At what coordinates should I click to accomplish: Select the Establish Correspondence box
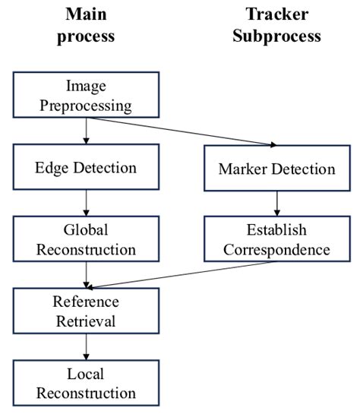click(276, 239)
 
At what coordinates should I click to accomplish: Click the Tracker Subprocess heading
click(276, 26)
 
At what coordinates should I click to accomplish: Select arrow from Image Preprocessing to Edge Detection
click(86, 130)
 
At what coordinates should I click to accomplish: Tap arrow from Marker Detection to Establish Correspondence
click(276, 202)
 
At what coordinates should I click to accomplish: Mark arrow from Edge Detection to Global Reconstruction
click(86, 202)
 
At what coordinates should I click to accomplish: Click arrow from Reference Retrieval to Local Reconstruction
click(86, 346)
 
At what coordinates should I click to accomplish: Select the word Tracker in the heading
click(276, 14)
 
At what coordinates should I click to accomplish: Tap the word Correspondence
click(276, 249)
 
